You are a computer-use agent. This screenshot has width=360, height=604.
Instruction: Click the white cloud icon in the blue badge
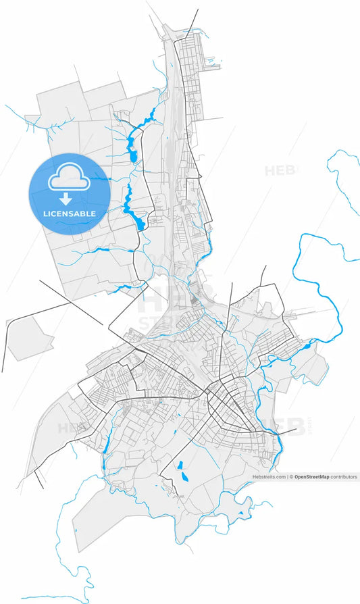coord(68,178)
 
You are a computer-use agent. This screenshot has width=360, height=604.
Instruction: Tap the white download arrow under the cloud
coord(66,199)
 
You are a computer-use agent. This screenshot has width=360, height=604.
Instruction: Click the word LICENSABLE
coord(69,213)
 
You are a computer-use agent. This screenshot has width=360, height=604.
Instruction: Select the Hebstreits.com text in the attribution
coord(269,477)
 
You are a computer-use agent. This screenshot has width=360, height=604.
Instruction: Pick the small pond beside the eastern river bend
coord(308,347)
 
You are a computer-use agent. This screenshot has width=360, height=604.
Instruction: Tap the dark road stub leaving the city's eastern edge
coord(287,430)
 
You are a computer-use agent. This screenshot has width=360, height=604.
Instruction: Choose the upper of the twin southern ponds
coord(180,465)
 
